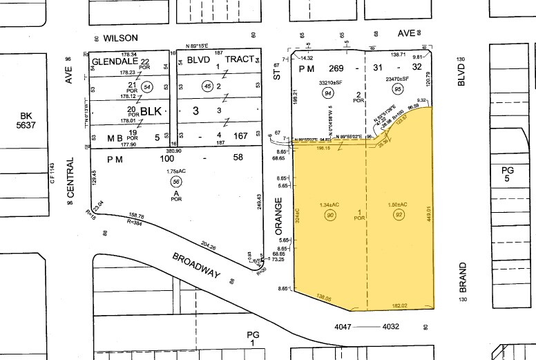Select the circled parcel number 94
coord(328,93)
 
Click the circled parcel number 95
coord(397,89)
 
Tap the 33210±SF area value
coord(330,81)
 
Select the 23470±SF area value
coord(399,79)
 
